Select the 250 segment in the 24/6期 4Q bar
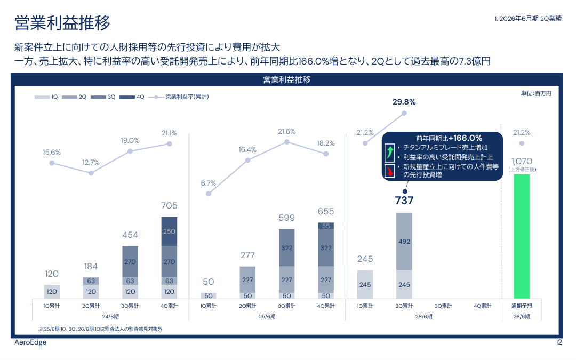[x=169, y=231]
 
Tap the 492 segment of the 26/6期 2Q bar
[x=404, y=242]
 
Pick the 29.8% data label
[x=404, y=102]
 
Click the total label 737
[x=404, y=201]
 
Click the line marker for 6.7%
[x=209, y=194]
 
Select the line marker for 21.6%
[x=286, y=142]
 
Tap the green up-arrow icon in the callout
[x=390, y=153]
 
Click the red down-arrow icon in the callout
[x=390, y=171]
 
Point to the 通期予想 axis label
[x=521, y=306]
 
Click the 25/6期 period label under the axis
[x=267, y=316]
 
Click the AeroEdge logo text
[x=30, y=342]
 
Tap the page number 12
[x=558, y=342]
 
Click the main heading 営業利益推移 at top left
[x=62, y=23]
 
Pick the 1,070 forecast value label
[x=521, y=161]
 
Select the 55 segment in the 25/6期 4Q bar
[x=326, y=226]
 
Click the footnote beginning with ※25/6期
[x=101, y=329]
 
